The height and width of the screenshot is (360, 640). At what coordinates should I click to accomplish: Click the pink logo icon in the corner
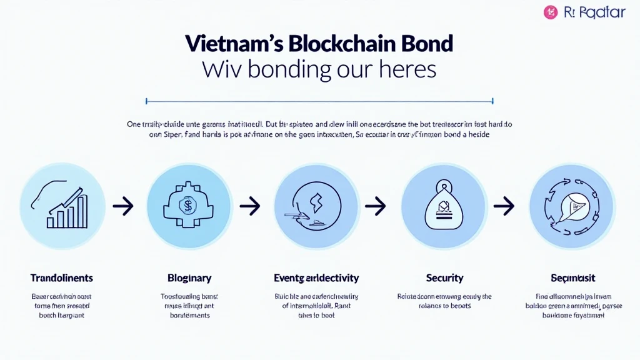(x=551, y=12)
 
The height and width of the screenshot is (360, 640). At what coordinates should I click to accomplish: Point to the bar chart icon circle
(x=62, y=206)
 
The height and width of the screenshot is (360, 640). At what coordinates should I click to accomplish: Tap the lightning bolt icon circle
(x=317, y=206)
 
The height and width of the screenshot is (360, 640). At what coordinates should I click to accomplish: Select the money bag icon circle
(x=444, y=206)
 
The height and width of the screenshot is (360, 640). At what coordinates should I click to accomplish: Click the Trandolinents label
(x=61, y=277)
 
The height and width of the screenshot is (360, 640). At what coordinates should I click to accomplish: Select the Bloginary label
(x=189, y=277)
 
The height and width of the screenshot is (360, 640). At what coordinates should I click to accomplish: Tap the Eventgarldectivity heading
(x=316, y=277)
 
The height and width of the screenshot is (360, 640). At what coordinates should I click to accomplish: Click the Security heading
(x=444, y=277)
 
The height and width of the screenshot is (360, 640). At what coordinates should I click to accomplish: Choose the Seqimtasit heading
(x=572, y=277)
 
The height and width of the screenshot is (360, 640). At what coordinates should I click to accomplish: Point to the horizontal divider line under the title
(x=319, y=100)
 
